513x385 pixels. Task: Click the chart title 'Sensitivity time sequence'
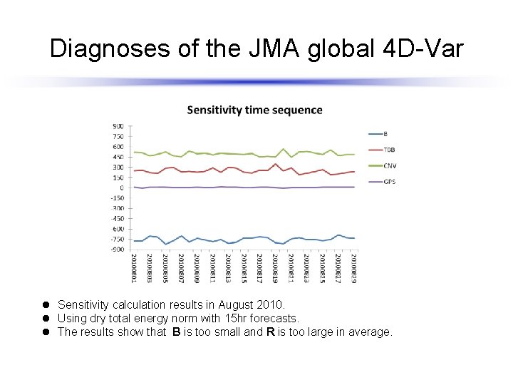[254, 110]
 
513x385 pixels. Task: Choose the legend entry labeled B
[379, 134]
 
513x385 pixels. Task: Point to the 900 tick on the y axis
[118, 126]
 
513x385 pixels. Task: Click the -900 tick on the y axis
[117, 250]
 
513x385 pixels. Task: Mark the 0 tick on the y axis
[121, 188]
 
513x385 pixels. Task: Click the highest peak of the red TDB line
[276, 164]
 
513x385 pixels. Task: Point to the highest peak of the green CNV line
[283, 149]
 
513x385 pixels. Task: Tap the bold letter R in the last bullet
[271, 332]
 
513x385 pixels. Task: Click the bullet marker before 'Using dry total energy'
[45, 318]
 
